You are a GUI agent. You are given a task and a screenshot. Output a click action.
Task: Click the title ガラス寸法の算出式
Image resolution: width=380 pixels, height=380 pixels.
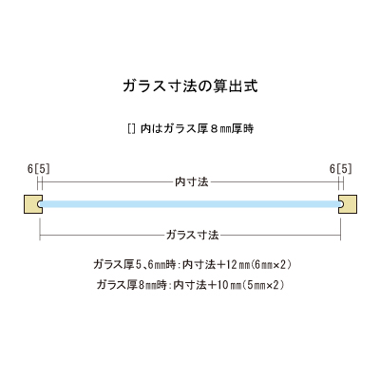coord(190,85)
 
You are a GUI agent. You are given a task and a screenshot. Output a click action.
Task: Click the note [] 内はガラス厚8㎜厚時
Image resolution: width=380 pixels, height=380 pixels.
coord(190,128)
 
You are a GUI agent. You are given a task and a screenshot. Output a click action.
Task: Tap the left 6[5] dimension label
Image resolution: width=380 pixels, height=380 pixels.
coord(39,169)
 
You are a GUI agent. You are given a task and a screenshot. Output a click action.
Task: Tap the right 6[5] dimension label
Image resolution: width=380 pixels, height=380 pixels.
coord(341,169)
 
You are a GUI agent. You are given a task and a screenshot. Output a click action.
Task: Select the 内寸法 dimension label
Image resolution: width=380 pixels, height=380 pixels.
coord(192,182)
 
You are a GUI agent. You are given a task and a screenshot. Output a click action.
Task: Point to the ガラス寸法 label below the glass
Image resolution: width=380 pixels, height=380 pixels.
coord(192,235)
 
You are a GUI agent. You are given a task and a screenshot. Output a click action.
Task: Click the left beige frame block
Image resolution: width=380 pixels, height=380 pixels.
coord(33,204)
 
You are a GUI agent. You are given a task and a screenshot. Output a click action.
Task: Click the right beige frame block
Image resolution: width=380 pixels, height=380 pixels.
coord(348,204)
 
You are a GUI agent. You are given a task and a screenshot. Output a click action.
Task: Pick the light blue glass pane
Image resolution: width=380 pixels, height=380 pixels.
coord(190,204)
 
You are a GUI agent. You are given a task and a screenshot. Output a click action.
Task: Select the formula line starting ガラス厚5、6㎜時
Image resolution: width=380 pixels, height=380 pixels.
coord(192,264)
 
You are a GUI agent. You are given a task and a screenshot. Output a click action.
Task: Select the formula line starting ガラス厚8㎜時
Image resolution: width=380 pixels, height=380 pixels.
coord(191,285)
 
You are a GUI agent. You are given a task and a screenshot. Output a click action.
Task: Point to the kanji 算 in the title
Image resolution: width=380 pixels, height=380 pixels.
coord(219,85)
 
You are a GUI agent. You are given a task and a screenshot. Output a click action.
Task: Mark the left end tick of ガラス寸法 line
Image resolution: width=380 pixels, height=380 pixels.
coord(40,236)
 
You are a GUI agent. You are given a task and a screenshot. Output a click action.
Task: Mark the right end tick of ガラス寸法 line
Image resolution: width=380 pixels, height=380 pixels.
coord(340,236)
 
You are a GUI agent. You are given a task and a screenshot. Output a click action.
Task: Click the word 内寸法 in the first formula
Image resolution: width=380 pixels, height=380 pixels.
coord(199,264)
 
